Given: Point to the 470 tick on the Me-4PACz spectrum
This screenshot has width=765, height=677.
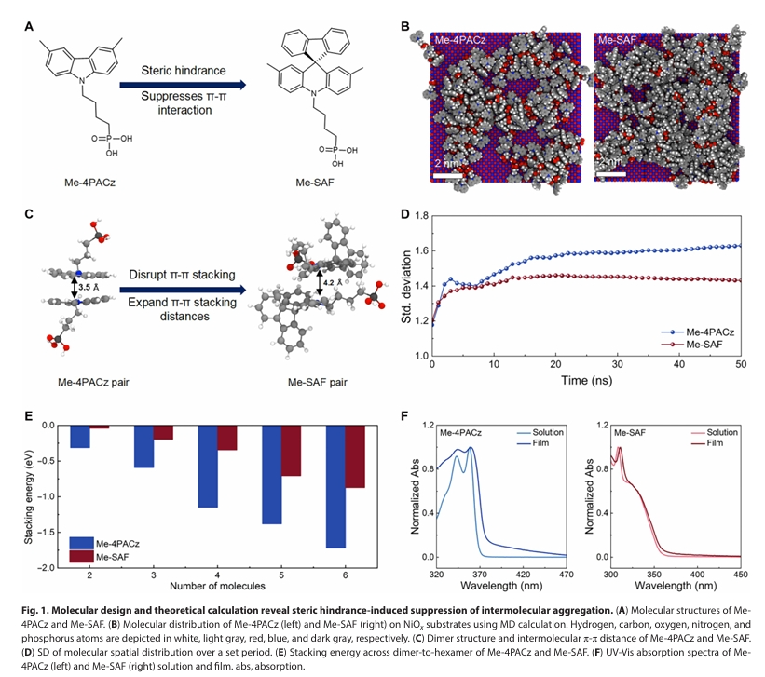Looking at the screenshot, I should tap(563, 574).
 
